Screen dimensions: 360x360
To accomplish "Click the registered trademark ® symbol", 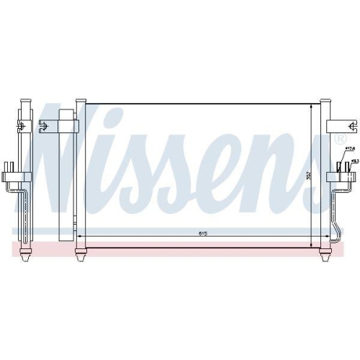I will coord(341,138).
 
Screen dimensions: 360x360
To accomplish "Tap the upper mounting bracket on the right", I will coord(336,126).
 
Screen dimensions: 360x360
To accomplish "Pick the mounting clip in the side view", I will coord(22,126).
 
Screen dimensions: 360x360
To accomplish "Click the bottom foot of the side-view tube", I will coord(26,255).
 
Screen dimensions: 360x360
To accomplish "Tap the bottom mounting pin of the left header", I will coord(80,253).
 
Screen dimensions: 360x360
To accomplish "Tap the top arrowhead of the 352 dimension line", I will coord(312,107).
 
